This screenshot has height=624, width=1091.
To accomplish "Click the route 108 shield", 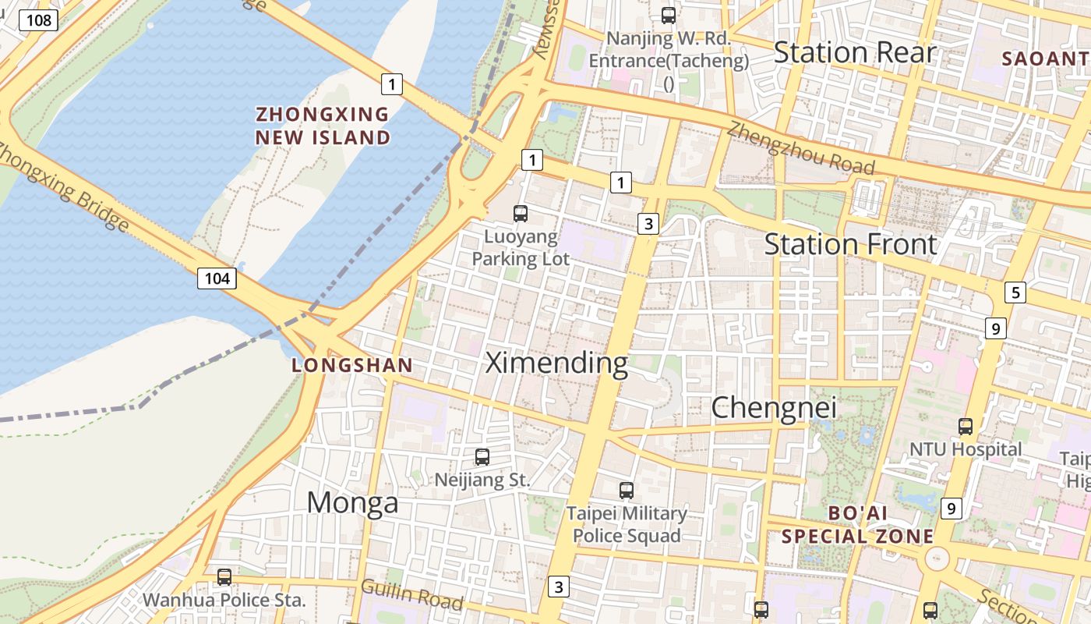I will click(38, 19).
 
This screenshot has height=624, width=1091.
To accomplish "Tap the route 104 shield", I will click(217, 278).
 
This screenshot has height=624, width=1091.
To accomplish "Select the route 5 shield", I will click(1015, 293).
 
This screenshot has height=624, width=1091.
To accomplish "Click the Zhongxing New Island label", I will click(323, 126).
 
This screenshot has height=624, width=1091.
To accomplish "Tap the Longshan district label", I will click(351, 365).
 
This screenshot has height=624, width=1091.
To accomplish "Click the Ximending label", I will click(556, 363).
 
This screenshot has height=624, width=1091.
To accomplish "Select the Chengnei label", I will click(773, 407).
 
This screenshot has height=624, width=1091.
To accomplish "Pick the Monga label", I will click(352, 503).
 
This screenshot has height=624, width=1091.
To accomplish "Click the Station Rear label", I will click(854, 53).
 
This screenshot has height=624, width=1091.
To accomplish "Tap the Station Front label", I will click(850, 245).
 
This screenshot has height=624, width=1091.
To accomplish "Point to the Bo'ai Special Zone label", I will click(857, 526).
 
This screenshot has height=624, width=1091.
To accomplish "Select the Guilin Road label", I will click(411, 594).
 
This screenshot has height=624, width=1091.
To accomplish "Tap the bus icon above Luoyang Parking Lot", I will click(521, 213).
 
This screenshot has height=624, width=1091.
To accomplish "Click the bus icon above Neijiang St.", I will click(482, 457).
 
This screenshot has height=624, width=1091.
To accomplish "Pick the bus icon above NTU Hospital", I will click(966, 427).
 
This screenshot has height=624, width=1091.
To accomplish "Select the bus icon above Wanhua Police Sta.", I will click(224, 577).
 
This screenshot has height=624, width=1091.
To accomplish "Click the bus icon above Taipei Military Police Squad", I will click(627, 491).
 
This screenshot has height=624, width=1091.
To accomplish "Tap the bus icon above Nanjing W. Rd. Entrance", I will click(668, 15).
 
